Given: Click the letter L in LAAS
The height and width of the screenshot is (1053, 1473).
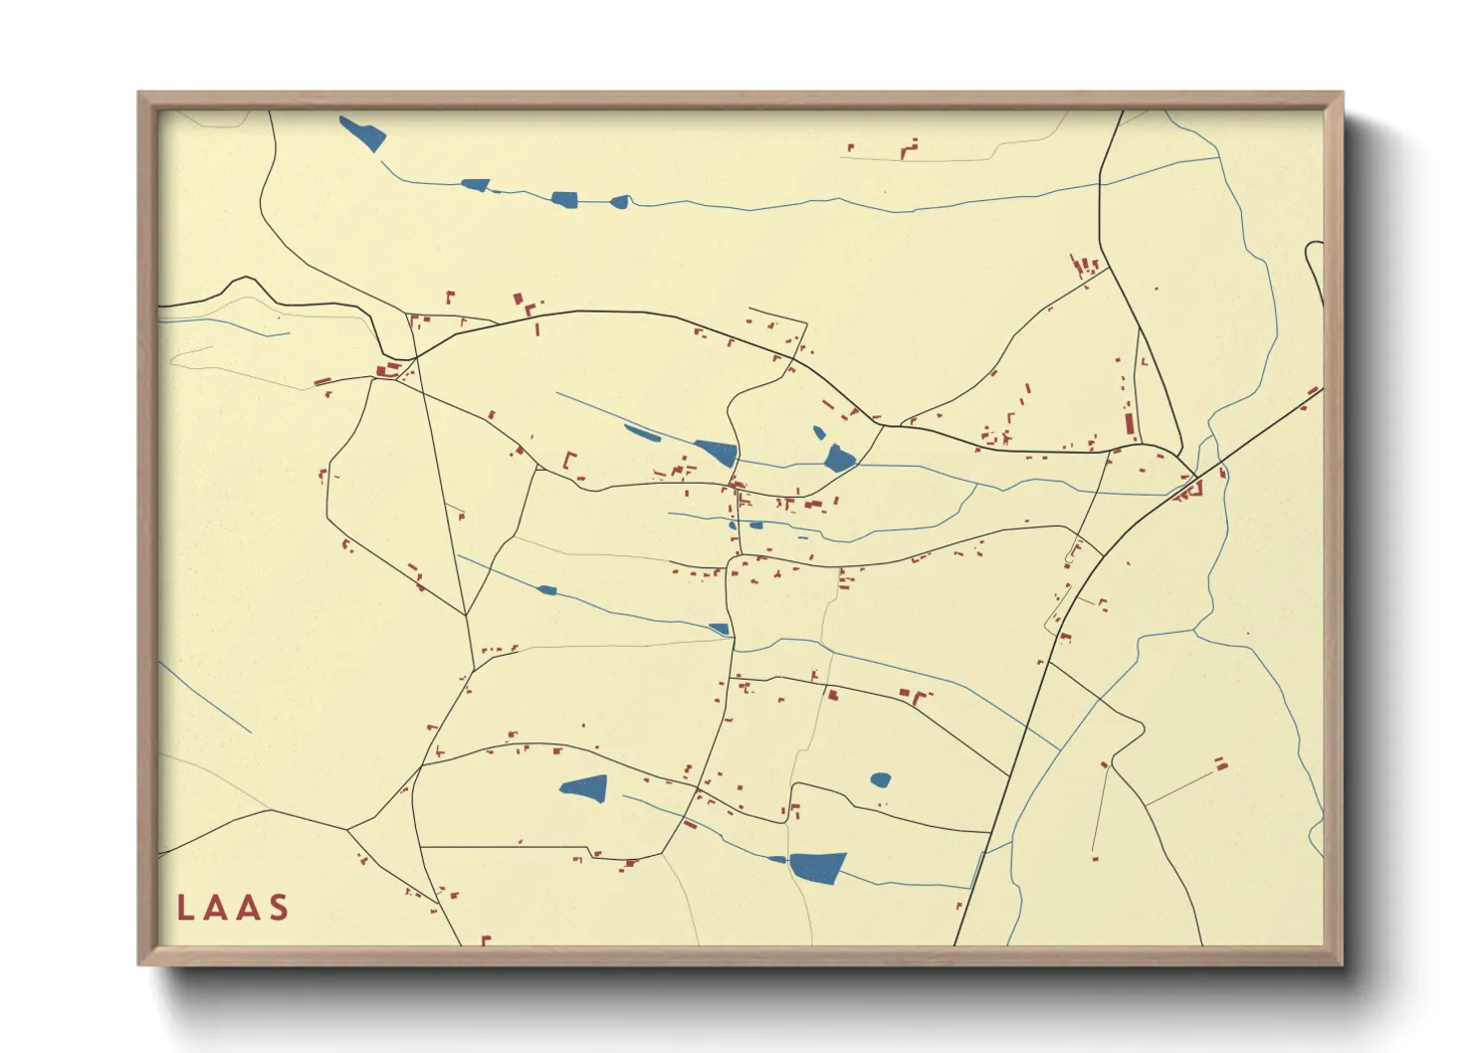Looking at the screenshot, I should pos(185,908).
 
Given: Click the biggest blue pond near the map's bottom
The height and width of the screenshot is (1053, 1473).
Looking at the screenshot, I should pos(818,866).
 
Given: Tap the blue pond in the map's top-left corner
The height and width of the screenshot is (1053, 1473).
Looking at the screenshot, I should pos(362,133).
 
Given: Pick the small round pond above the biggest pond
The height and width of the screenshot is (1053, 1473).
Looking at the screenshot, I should pos(880,780).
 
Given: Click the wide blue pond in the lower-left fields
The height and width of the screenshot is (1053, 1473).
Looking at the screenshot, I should pos(585,788).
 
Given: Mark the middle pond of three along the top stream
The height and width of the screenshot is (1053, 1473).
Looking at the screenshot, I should pos(564,199).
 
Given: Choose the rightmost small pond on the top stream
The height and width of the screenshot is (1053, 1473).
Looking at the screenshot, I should pos(619,202).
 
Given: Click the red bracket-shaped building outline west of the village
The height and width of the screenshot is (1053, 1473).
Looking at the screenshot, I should pos(570,461).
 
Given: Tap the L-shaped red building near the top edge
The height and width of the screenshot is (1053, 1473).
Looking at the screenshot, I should pos(909,150).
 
